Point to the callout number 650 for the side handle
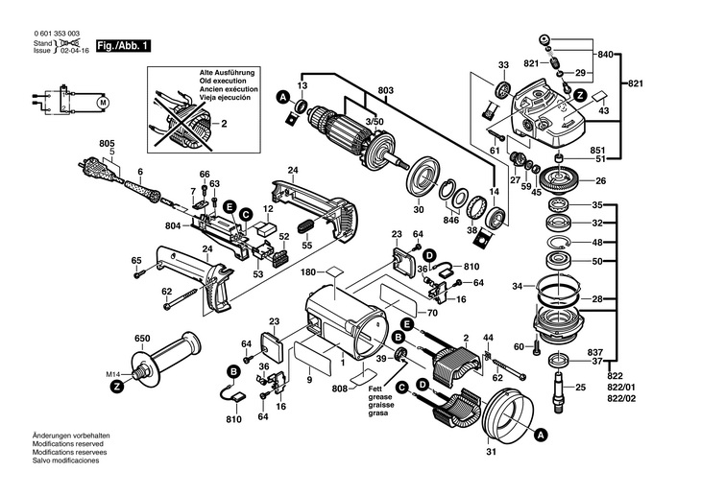[143, 339]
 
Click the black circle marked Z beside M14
[116, 388]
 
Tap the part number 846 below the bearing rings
[450, 220]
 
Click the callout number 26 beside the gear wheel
[600, 181]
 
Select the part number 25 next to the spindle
[580, 387]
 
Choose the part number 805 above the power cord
[107, 144]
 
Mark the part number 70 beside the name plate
[432, 312]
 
